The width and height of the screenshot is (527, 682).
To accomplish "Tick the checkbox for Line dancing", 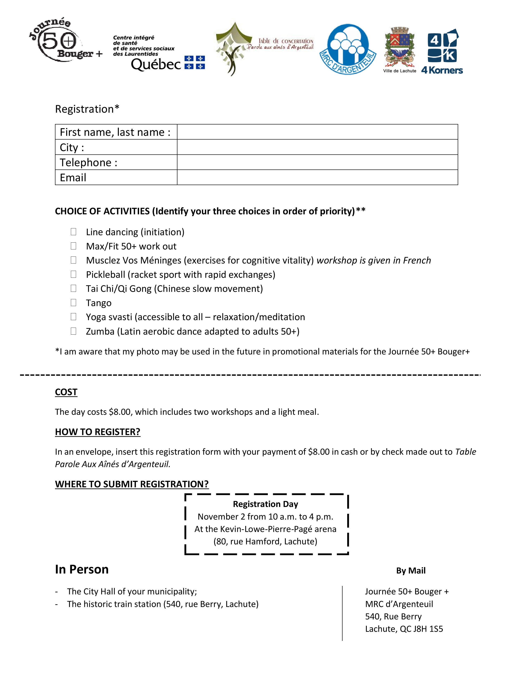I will (73, 232).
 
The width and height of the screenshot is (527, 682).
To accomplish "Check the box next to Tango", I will (73, 302).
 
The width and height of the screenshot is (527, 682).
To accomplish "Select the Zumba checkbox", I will (73, 331).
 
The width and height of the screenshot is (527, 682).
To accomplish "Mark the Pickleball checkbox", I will (73, 274).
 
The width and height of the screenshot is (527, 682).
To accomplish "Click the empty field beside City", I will (317, 147).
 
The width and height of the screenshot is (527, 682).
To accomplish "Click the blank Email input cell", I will (317, 177).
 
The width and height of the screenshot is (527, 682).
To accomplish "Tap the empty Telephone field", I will (317, 162).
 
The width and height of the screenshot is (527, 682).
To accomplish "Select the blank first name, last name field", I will (317, 132).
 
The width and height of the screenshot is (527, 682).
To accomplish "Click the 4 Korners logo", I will (442, 51).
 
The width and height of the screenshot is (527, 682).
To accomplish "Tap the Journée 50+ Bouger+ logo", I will (62, 41).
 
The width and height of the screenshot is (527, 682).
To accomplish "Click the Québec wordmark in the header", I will (156, 64).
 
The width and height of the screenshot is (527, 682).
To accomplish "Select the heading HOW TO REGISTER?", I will (98, 432).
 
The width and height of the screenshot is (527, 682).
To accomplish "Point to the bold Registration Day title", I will (265, 504).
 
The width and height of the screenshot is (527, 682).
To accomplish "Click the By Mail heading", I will (411, 571).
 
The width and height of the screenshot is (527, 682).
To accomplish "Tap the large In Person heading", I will (82, 569).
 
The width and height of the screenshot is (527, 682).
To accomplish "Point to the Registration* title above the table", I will (87, 109).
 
